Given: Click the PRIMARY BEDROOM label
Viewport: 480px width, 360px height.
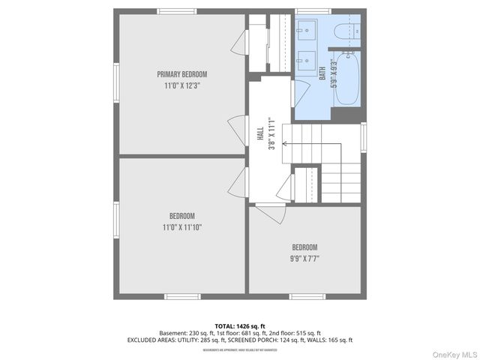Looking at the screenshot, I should tap(181, 74).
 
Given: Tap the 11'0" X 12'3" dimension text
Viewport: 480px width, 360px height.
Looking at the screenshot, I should tap(181, 86).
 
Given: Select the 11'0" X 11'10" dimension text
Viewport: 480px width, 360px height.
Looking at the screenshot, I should tap(181, 227).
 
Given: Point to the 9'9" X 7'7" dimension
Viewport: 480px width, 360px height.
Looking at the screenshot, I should tap(304, 259).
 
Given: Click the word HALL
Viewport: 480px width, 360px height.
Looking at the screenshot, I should tap(260, 133).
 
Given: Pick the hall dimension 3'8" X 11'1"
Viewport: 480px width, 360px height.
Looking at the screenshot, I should tap(272, 133).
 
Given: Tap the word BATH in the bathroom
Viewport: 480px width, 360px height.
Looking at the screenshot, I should tap(322, 73).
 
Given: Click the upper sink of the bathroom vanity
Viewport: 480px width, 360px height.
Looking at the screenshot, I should tap(307, 31).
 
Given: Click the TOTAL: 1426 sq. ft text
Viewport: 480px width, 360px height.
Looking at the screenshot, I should tap(240, 325).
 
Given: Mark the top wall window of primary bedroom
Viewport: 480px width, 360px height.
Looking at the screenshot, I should tap(178, 11).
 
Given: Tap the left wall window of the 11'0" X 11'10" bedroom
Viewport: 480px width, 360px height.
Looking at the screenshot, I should tap(116, 224).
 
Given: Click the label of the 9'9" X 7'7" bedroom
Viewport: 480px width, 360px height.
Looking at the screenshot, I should tap(304, 247).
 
